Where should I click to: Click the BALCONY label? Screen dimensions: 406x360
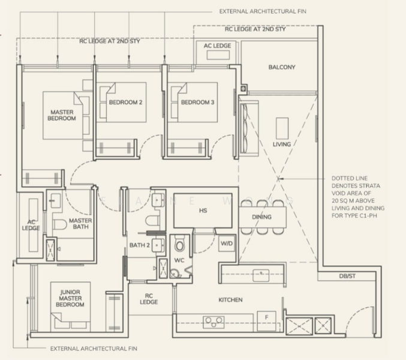click(282, 67)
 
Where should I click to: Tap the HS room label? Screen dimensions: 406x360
click(203, 211)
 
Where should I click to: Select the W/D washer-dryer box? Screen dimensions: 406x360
click(227, 244)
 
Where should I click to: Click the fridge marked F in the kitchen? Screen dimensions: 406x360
click(266, 320)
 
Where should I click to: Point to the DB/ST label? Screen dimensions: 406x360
click(347, 277)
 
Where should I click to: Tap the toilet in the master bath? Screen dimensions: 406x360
click(60, 224)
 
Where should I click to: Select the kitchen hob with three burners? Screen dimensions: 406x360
click(214, 322)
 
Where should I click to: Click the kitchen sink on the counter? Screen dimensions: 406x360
click(261, 275)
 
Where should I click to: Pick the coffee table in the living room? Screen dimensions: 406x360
click(282, 128)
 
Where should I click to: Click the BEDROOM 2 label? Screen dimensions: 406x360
click(125, 103)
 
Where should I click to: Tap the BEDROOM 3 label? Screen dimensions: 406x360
click(197, 103)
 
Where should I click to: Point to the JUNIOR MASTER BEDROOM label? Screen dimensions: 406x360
click(70, 298)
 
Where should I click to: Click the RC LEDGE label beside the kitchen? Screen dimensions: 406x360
click(149, 299)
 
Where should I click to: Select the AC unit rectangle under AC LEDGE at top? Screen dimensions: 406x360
click(218, 55)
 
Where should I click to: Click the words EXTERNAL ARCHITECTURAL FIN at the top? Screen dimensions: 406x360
click(263, 11)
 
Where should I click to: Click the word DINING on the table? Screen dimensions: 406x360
click(262, 217)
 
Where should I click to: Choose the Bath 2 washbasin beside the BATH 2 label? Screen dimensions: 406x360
click(158, 245)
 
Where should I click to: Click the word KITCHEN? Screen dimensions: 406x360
click(230, 300)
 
